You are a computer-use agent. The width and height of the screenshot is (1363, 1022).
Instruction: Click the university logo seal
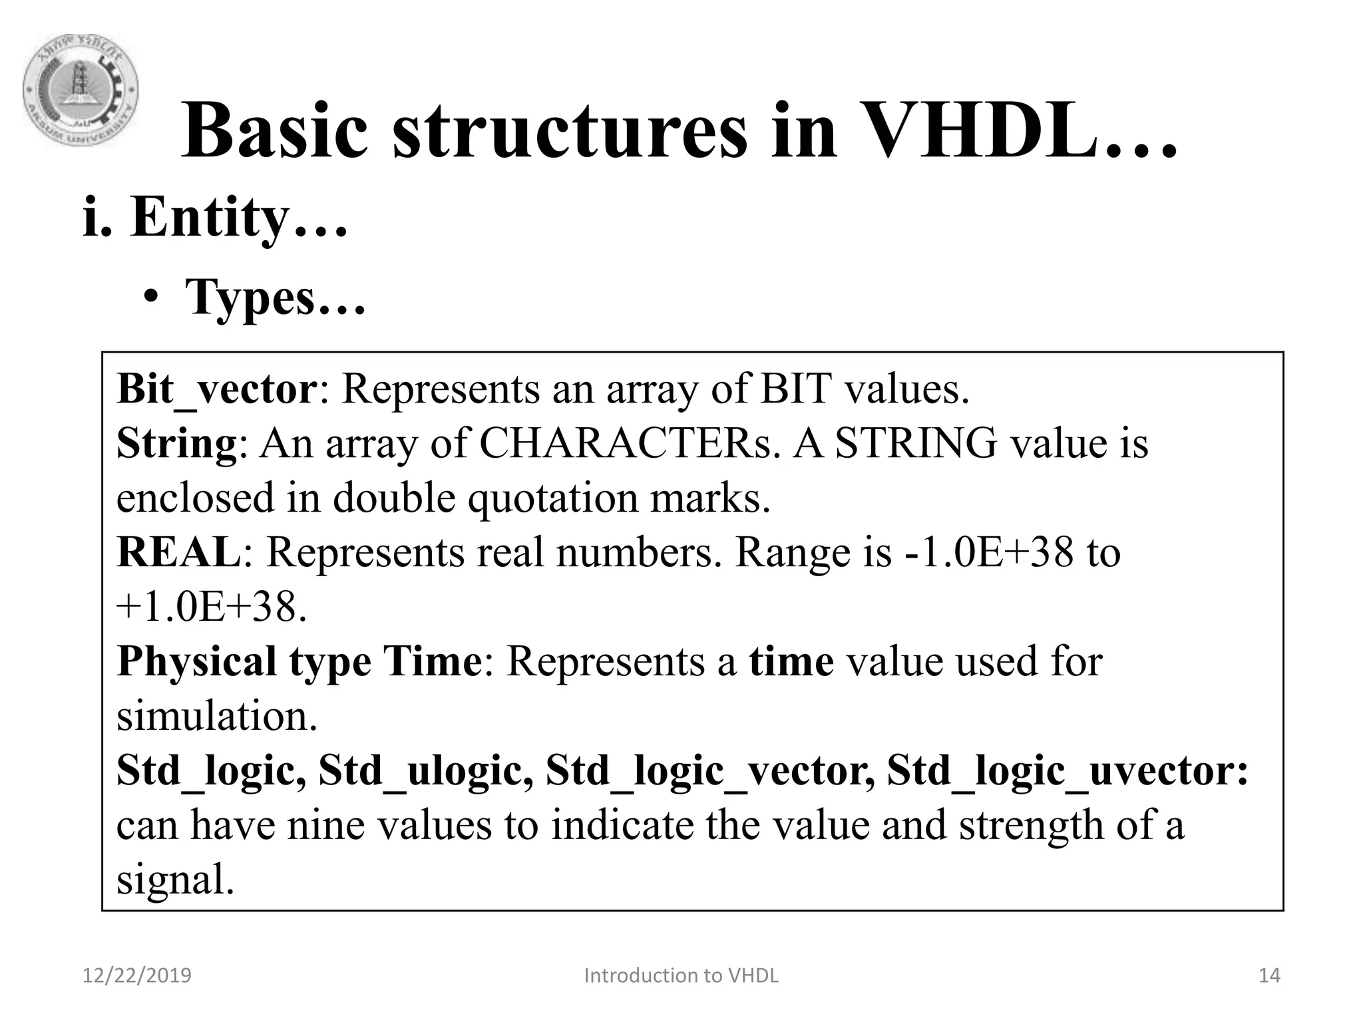click(x=81, y=90)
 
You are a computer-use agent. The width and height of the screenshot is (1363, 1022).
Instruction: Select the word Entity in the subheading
click(x=210, y=218)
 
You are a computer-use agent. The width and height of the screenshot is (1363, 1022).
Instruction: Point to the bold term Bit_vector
click(x=216, y=389)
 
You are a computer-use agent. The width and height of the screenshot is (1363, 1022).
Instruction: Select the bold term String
click(x=176, y=444)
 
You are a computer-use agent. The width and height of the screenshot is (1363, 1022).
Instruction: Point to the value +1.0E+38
click(x=210, y=607)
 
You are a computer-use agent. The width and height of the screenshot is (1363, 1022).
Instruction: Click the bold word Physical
click(x=196, y=662)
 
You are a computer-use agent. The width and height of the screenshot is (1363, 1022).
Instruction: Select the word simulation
click(x=217, y=717)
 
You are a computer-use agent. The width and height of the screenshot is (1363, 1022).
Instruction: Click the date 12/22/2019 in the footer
click(x=136, y=975)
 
